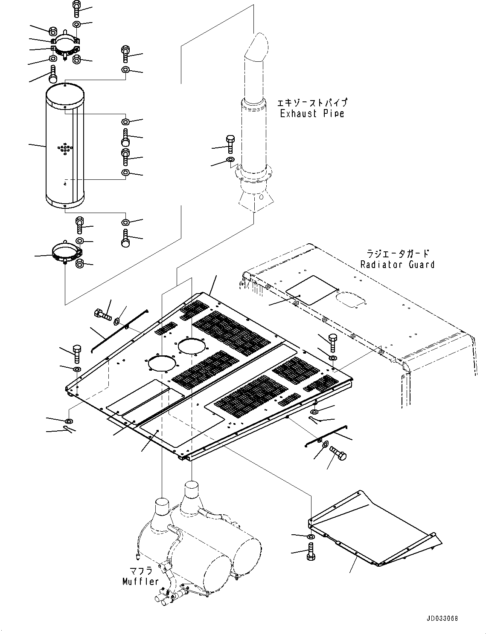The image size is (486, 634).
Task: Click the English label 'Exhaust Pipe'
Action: pyautogui.click(x=312, y=113)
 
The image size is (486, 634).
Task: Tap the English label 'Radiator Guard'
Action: pyautogui.click(x=397, y=265)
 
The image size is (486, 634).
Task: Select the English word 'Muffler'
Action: pyautogui.click(x=140, y=581)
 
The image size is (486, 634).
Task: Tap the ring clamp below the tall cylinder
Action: pyautogui.click(x=66, y=254)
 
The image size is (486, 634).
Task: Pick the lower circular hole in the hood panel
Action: pyautogui.click(x=162, y=364)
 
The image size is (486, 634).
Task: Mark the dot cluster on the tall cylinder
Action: pyautogui.click(x=64, y=149)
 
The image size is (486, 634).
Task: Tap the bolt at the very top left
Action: pyautogui.click(x=76, y=7)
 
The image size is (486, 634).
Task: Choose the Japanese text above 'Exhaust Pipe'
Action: pyautogui.click(x=312, y=103)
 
